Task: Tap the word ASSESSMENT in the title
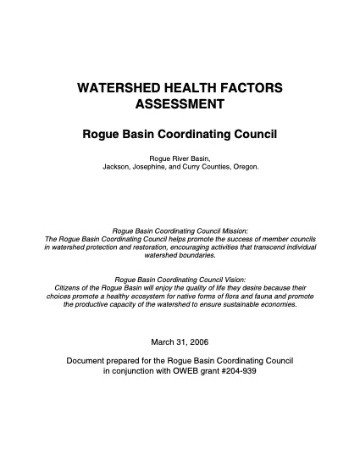[180, 104]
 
